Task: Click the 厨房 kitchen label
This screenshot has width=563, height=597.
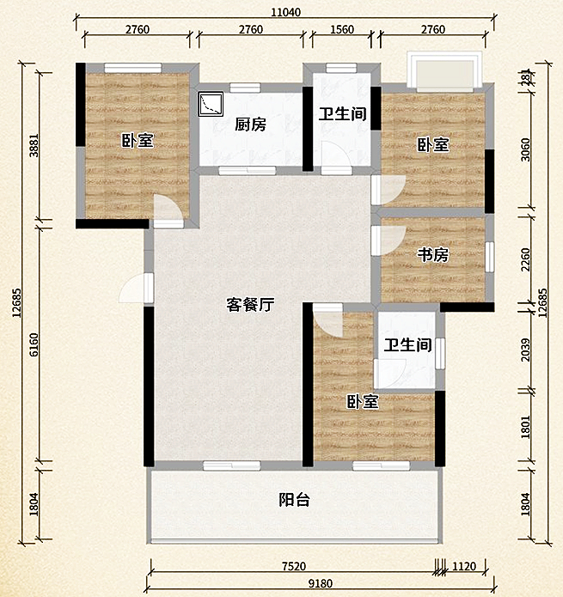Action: pos(250,125)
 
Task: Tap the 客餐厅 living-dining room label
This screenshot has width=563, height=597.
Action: pos(250,304)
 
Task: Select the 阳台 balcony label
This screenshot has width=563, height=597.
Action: pos(294,500)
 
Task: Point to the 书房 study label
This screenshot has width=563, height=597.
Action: pos(433,255)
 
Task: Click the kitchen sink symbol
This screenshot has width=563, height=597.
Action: pos(210,105)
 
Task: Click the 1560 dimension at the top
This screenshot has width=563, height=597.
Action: pos(341,30)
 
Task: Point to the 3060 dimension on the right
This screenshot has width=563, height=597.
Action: pos(527,146)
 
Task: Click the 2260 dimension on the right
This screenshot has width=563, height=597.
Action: pos(527,255)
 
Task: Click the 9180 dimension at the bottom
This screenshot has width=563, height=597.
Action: pos(318,585)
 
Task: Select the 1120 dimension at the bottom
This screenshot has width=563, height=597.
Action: pos(465,565)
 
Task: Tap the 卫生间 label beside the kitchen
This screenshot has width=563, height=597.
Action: pos(343,113)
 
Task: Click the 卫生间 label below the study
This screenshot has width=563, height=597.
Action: pos(407,345)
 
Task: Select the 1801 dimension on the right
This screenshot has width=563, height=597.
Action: pos(527,427)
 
